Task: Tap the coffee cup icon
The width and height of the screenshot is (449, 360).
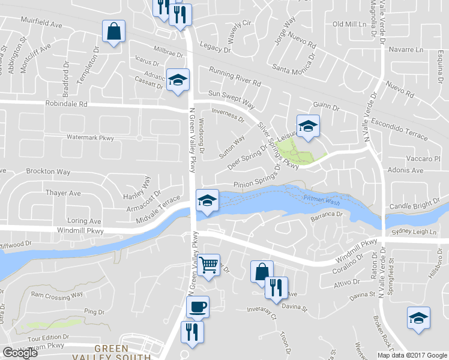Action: [x=197, y=307]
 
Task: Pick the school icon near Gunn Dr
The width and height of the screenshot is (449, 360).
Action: [x=308, y=125]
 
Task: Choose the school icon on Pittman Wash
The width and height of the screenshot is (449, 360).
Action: [x=206, y=200]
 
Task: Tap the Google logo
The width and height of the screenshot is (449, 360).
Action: [x=20, y=353]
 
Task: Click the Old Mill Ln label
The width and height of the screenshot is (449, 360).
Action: [x=349, y=24]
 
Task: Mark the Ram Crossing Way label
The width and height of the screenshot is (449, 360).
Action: [x=56, y=295]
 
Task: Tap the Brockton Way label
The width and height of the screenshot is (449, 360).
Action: [x=48, y=172]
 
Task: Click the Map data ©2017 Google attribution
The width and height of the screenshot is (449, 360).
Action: [x=412, y=355]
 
